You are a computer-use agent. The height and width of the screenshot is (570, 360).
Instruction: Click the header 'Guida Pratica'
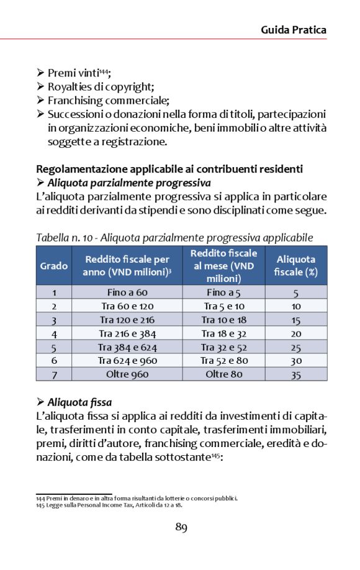click(293, 30)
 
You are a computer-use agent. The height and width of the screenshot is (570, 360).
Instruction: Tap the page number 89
click(181, 528)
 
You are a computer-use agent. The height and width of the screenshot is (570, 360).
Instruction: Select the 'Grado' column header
click(54, 266)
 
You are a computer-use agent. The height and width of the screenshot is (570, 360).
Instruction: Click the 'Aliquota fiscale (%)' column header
click(295, 266)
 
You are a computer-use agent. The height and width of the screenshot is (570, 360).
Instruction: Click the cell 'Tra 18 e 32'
click(223, 333)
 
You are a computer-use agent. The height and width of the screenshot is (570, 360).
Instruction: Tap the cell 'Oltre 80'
click(223, 374)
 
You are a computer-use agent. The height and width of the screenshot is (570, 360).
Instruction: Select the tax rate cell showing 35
click(296, 374)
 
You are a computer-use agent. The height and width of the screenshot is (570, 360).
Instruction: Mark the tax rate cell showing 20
click(296, 333)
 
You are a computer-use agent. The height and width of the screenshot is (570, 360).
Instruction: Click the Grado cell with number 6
click(54, 361)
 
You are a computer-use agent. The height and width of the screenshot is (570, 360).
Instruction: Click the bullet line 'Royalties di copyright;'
click(101, 86)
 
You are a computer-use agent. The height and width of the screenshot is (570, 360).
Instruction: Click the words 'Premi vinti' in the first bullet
click(73, 73)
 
